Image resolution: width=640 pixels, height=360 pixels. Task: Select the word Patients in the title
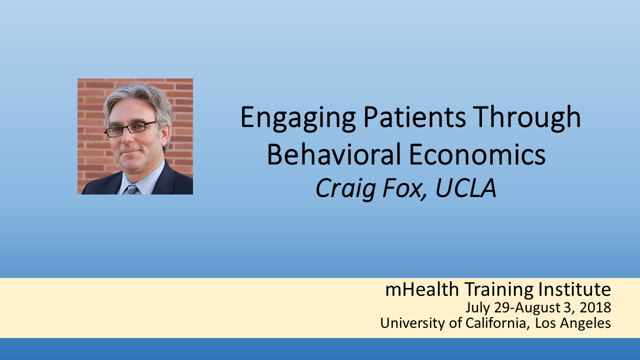415,116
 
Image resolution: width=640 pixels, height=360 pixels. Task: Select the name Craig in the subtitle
345,188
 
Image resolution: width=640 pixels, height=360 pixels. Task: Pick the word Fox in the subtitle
404,188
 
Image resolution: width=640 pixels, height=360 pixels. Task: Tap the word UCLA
465,188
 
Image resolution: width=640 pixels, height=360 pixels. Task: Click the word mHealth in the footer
422,289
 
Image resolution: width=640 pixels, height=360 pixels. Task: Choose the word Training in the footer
498,290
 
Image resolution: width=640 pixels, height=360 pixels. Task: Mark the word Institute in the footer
574,289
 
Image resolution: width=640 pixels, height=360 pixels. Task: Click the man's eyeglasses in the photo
130,128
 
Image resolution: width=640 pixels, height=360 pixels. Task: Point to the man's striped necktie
131,189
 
